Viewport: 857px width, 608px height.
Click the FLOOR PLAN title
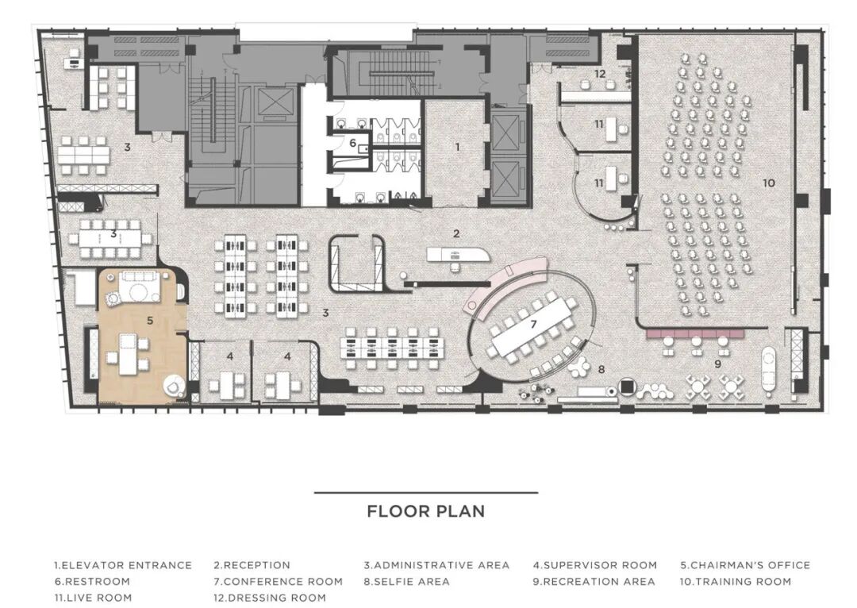[x=426, y=511]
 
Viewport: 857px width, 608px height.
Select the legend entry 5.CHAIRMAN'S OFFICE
[x=745, y=565]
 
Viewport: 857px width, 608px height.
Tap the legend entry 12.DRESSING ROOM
[x=270, y=598]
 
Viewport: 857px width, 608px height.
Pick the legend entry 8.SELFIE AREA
[x=406, y=581]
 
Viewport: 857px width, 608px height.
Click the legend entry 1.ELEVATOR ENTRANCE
[x=123, y=565]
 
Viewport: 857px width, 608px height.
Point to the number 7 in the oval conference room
[x=533, y=324]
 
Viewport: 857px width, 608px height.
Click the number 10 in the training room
[x=768, y=183]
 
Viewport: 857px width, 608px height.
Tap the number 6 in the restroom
[x=353, y=143]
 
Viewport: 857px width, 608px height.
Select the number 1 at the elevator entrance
[x=458, y=147]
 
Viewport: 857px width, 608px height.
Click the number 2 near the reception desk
[x=456, y=233]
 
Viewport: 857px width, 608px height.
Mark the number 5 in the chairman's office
[x=150, y=321]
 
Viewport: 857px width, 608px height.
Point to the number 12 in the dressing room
[x=600, y=73]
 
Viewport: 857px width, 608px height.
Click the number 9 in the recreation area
[x=717, y=364]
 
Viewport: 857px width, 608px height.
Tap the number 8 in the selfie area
[x=601, y=370]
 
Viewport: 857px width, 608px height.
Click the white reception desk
[x=458, y=253]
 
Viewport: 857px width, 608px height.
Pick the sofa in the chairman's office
[x=139, y=286]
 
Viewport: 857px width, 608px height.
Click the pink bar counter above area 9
[x=695, y=333]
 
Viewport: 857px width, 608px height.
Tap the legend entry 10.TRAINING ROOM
[x=735, y=581]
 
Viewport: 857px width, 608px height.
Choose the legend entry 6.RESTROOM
[x=92, y=581]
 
